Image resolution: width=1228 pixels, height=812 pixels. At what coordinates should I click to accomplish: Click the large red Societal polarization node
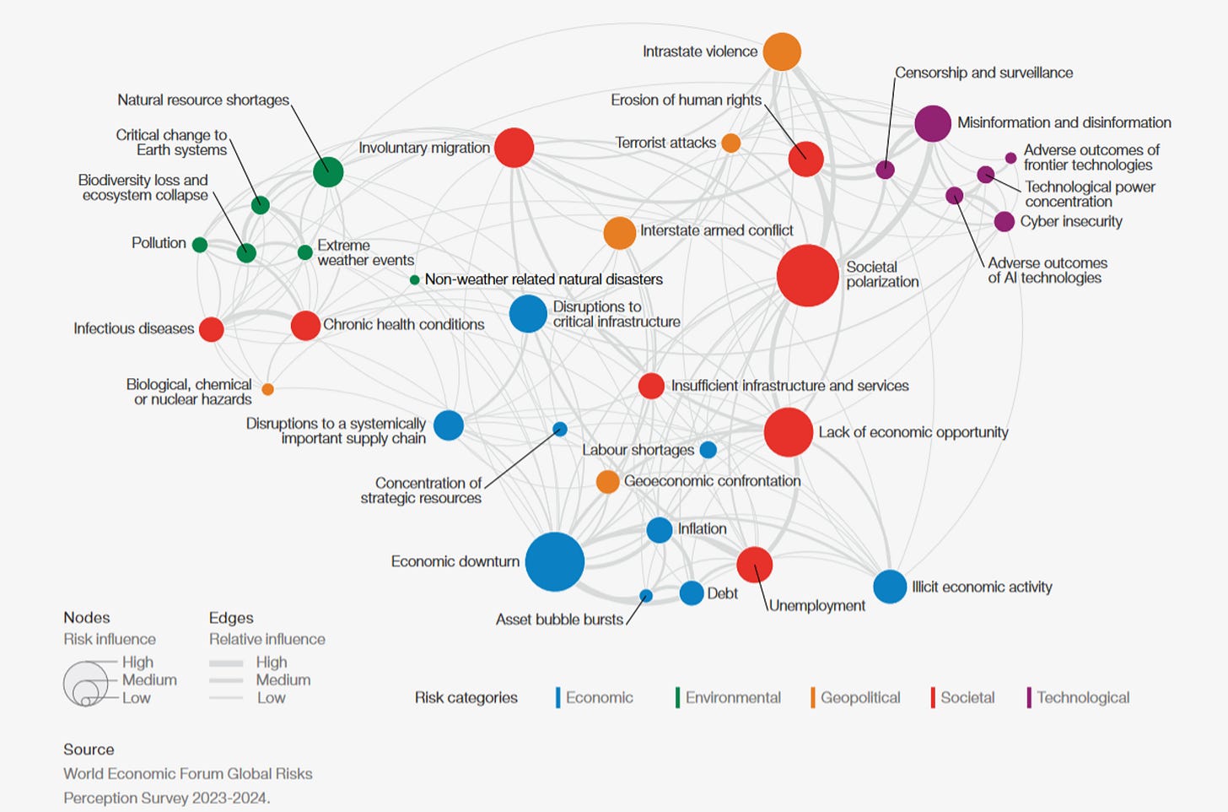coord(807,275)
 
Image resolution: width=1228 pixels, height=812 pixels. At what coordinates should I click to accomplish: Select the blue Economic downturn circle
coord(554,561)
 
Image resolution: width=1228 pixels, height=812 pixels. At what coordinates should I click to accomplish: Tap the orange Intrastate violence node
coord(782,51)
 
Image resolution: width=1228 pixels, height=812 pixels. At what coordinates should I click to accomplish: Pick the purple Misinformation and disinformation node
coord(932,123)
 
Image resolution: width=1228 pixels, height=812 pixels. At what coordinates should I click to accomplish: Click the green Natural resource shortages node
coord(328,172)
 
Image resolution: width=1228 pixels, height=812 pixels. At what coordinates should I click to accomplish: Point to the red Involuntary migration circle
coord(514,148)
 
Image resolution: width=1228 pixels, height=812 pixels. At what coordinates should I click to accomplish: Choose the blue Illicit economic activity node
coord(889,587)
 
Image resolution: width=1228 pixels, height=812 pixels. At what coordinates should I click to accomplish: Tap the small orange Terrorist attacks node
coord(730,143)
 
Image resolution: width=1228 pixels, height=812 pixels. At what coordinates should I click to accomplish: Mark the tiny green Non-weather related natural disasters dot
coord(414,279)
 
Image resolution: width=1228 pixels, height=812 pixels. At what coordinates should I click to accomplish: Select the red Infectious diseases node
coord(211,329)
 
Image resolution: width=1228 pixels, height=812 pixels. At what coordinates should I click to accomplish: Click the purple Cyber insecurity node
coord(1004,221)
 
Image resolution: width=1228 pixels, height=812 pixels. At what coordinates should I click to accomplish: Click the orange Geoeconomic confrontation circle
coord(607,482)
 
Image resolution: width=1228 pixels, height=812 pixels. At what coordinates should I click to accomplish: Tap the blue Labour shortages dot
coord(708,450)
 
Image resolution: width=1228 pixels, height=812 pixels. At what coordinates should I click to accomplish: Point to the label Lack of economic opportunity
coord(913,432)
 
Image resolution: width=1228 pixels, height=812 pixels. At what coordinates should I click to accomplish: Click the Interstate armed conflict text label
coord(716,230)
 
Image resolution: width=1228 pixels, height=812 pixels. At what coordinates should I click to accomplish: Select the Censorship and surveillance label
coord(983,73)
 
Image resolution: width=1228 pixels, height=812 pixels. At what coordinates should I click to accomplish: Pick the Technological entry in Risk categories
coord(1082,697)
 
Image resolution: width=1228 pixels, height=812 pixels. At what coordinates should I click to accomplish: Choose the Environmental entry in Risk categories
coord(732,697)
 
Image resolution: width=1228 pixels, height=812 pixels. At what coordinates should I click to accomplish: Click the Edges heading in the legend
coord(231,618)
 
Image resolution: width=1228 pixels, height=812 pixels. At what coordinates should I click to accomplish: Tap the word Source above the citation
coord(89,750)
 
